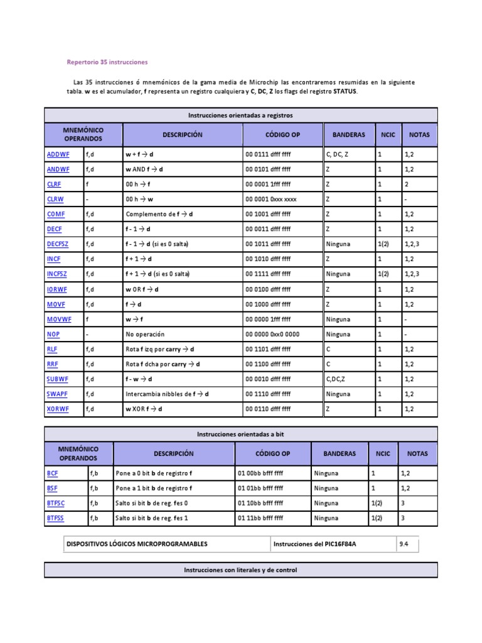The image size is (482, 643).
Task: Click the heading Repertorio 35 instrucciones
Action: (x=107, y=63)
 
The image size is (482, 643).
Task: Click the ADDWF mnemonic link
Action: (x=58, y=154)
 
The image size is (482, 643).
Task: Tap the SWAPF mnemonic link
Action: (x=58, y=394)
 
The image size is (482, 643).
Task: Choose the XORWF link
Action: (x=58, y=409)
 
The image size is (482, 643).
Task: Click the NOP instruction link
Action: (x=53, y=334)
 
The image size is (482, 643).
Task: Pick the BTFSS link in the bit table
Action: (x=55, y=518)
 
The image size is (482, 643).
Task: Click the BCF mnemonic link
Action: (x=52, y=473)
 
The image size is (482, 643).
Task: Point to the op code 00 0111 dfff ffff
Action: (x=268, y=154)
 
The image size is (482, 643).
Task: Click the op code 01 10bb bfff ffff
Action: (x=260, y=503)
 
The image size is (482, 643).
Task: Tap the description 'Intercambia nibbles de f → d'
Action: (x=167, y=394)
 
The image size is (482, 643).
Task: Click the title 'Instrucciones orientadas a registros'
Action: (x=240, y=116)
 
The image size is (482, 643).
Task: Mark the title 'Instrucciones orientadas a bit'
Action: (x=240, y=434)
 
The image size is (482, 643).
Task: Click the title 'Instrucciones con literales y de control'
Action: (x=240, y=570)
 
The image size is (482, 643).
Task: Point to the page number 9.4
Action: (x=404, y=544)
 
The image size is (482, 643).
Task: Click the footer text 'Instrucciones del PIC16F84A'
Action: (x=316, y=544)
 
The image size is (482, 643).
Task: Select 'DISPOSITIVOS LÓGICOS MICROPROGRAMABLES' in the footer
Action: (x=137, y=544)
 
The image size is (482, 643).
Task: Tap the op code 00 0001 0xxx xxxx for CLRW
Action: (x=270, y=199)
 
